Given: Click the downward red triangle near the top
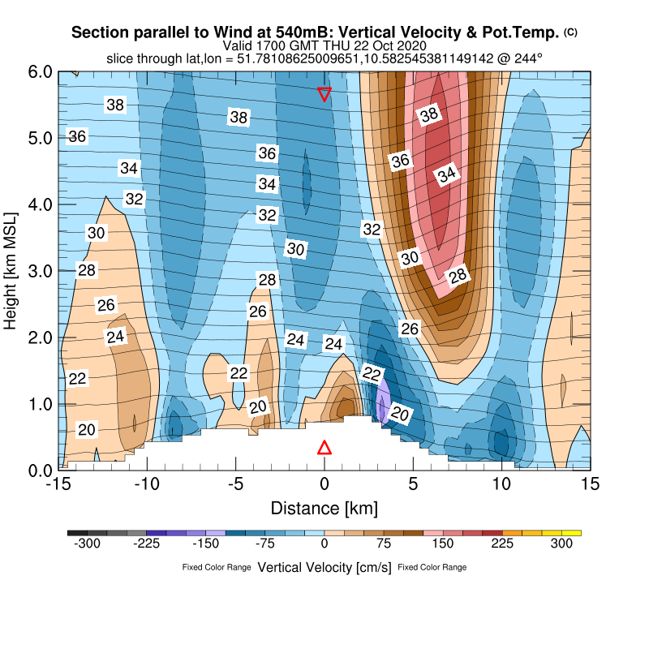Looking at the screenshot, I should [x=324, y=94].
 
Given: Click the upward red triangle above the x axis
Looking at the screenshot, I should [x=324, y=448].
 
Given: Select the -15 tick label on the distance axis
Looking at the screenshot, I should [x=57, y=484].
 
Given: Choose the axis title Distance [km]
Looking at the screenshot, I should [x=324, y=509].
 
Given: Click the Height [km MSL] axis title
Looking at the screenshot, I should [x=11, y=271].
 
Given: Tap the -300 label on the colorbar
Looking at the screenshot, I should [x=87, y=544].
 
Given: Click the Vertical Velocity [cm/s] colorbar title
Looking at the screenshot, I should [x=324, y=568].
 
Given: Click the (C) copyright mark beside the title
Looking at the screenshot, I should [x=570, y=32].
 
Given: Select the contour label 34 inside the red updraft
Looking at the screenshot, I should [x=446, y=174].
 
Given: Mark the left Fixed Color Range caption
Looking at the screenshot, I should [x=217, y=567].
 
